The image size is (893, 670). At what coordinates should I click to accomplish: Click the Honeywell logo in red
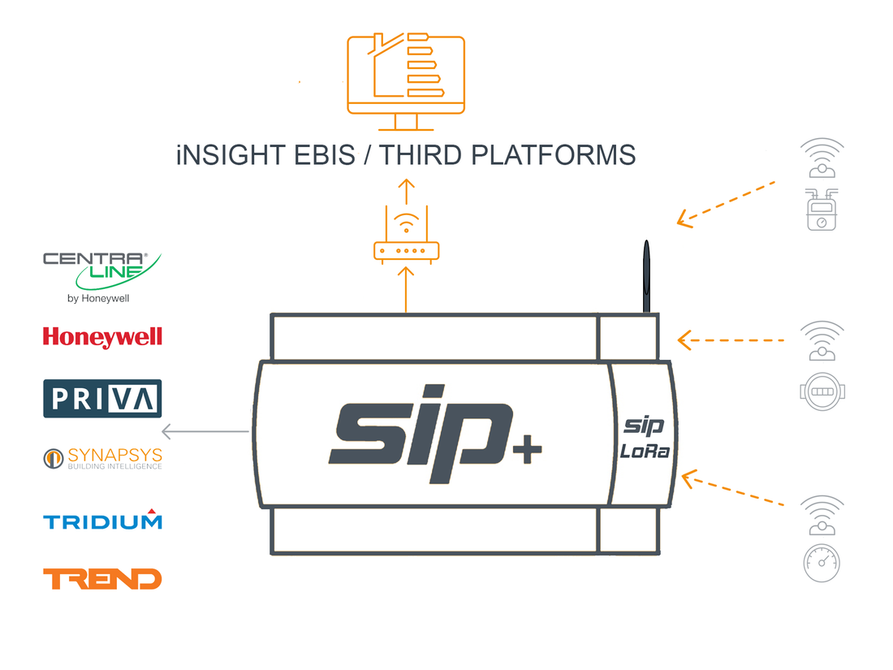(102, 337)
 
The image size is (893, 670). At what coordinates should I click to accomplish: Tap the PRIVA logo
(102, 399)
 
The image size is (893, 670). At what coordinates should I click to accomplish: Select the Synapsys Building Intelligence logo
(102, 458)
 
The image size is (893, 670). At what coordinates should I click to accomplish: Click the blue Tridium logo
(102, 520)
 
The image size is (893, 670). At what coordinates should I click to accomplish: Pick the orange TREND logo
(102, 578)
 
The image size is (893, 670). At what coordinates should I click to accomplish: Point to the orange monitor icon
(405, 78)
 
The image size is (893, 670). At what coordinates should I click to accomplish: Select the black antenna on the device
(646, 276)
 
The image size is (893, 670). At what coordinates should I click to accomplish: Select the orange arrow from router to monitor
(406, 192)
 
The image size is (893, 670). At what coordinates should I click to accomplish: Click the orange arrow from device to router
(406, 288)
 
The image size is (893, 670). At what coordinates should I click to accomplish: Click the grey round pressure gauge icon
(822, 563)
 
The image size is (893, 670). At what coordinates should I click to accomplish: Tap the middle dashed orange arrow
(731, 339)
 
